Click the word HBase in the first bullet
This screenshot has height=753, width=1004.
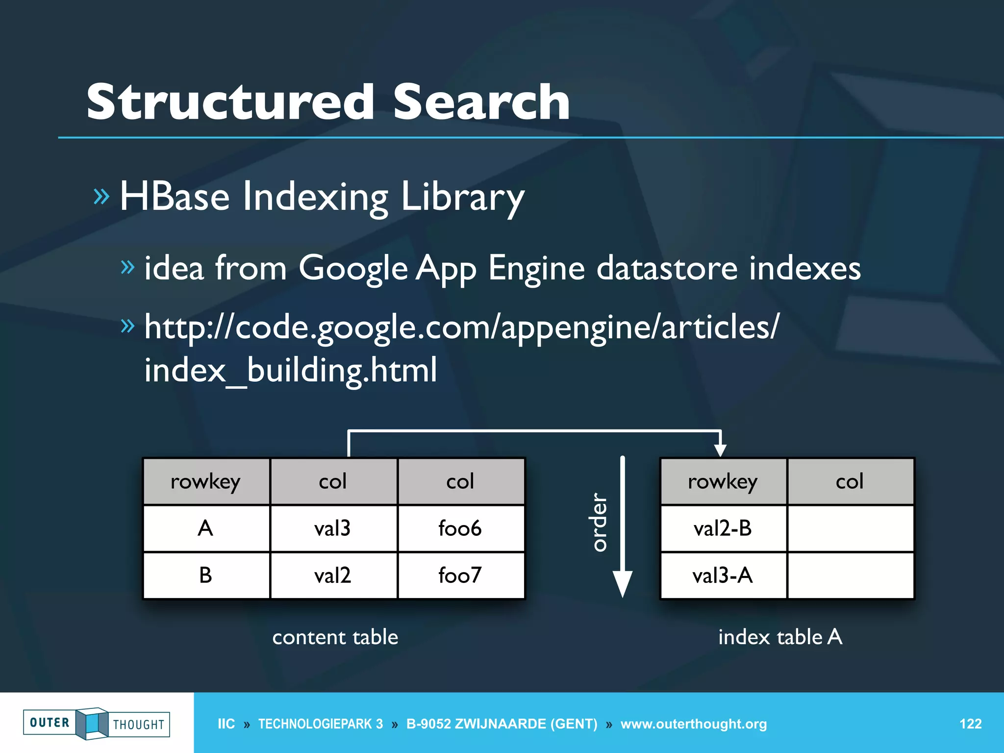175,197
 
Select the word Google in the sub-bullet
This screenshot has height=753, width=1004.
353,269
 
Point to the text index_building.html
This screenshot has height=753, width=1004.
290,370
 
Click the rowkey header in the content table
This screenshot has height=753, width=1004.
205,481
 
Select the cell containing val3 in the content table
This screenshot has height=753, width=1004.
332,528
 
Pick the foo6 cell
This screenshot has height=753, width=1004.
460,528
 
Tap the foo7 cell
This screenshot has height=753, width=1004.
460,575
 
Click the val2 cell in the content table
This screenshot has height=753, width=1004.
332,575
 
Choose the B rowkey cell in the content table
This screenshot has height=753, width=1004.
205,575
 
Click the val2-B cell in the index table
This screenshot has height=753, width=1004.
723,528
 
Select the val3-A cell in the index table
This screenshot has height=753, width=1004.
723,575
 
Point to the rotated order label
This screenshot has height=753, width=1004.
599,522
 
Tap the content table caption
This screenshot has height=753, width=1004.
335,637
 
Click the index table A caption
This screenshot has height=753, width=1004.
780,637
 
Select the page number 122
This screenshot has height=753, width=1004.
970,724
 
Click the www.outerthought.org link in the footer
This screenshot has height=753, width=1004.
693,724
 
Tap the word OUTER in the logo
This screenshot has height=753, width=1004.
50,723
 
